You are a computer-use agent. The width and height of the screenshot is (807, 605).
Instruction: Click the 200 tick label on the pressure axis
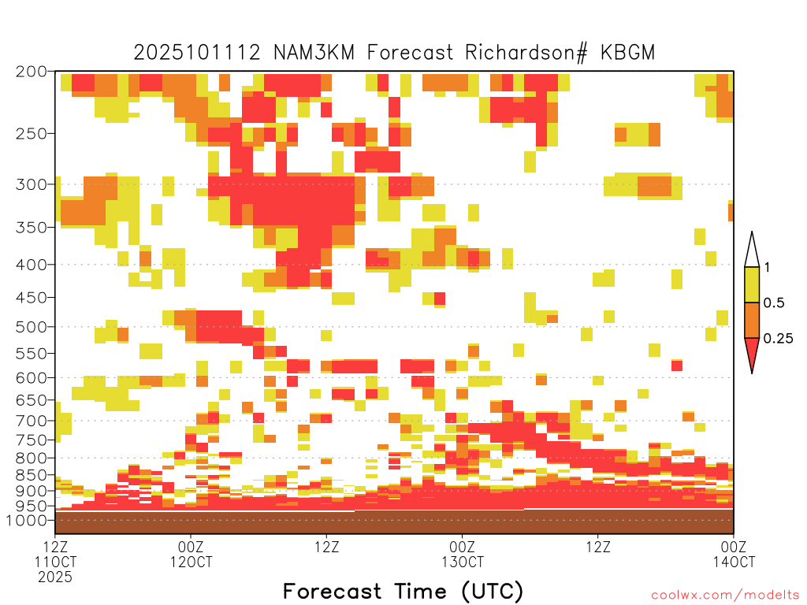(32, 72)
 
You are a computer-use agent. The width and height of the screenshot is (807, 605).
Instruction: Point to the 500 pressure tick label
(32, 327)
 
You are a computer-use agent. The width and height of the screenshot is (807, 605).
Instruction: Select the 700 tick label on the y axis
(32, 421)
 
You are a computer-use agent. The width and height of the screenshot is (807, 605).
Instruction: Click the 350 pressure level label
(32, 228)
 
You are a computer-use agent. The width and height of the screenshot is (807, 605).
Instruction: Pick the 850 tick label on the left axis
(32, 475)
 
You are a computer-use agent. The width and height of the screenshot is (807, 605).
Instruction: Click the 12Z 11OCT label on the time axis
(55, 554)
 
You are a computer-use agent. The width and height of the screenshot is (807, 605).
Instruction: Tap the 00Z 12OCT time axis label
(191, 554)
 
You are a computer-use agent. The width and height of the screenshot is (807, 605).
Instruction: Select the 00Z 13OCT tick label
(462, 554)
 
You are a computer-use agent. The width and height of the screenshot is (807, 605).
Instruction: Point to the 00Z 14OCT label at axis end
(734, 554)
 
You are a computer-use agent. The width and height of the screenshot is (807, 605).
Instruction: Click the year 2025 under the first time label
(55, 577)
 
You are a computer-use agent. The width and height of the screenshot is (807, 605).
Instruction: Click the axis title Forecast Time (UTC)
(403, 591)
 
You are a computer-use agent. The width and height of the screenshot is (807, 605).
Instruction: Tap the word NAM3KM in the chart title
(314, 53)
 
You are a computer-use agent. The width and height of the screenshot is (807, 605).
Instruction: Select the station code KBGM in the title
(627, 53)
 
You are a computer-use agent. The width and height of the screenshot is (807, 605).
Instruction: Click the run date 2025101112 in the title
(197, 53)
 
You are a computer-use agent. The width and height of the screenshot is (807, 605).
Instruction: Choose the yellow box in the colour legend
(752, 284)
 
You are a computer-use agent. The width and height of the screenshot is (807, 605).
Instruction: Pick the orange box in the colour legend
(752, 320)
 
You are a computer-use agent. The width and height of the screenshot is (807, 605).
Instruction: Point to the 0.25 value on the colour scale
(778, 338)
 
